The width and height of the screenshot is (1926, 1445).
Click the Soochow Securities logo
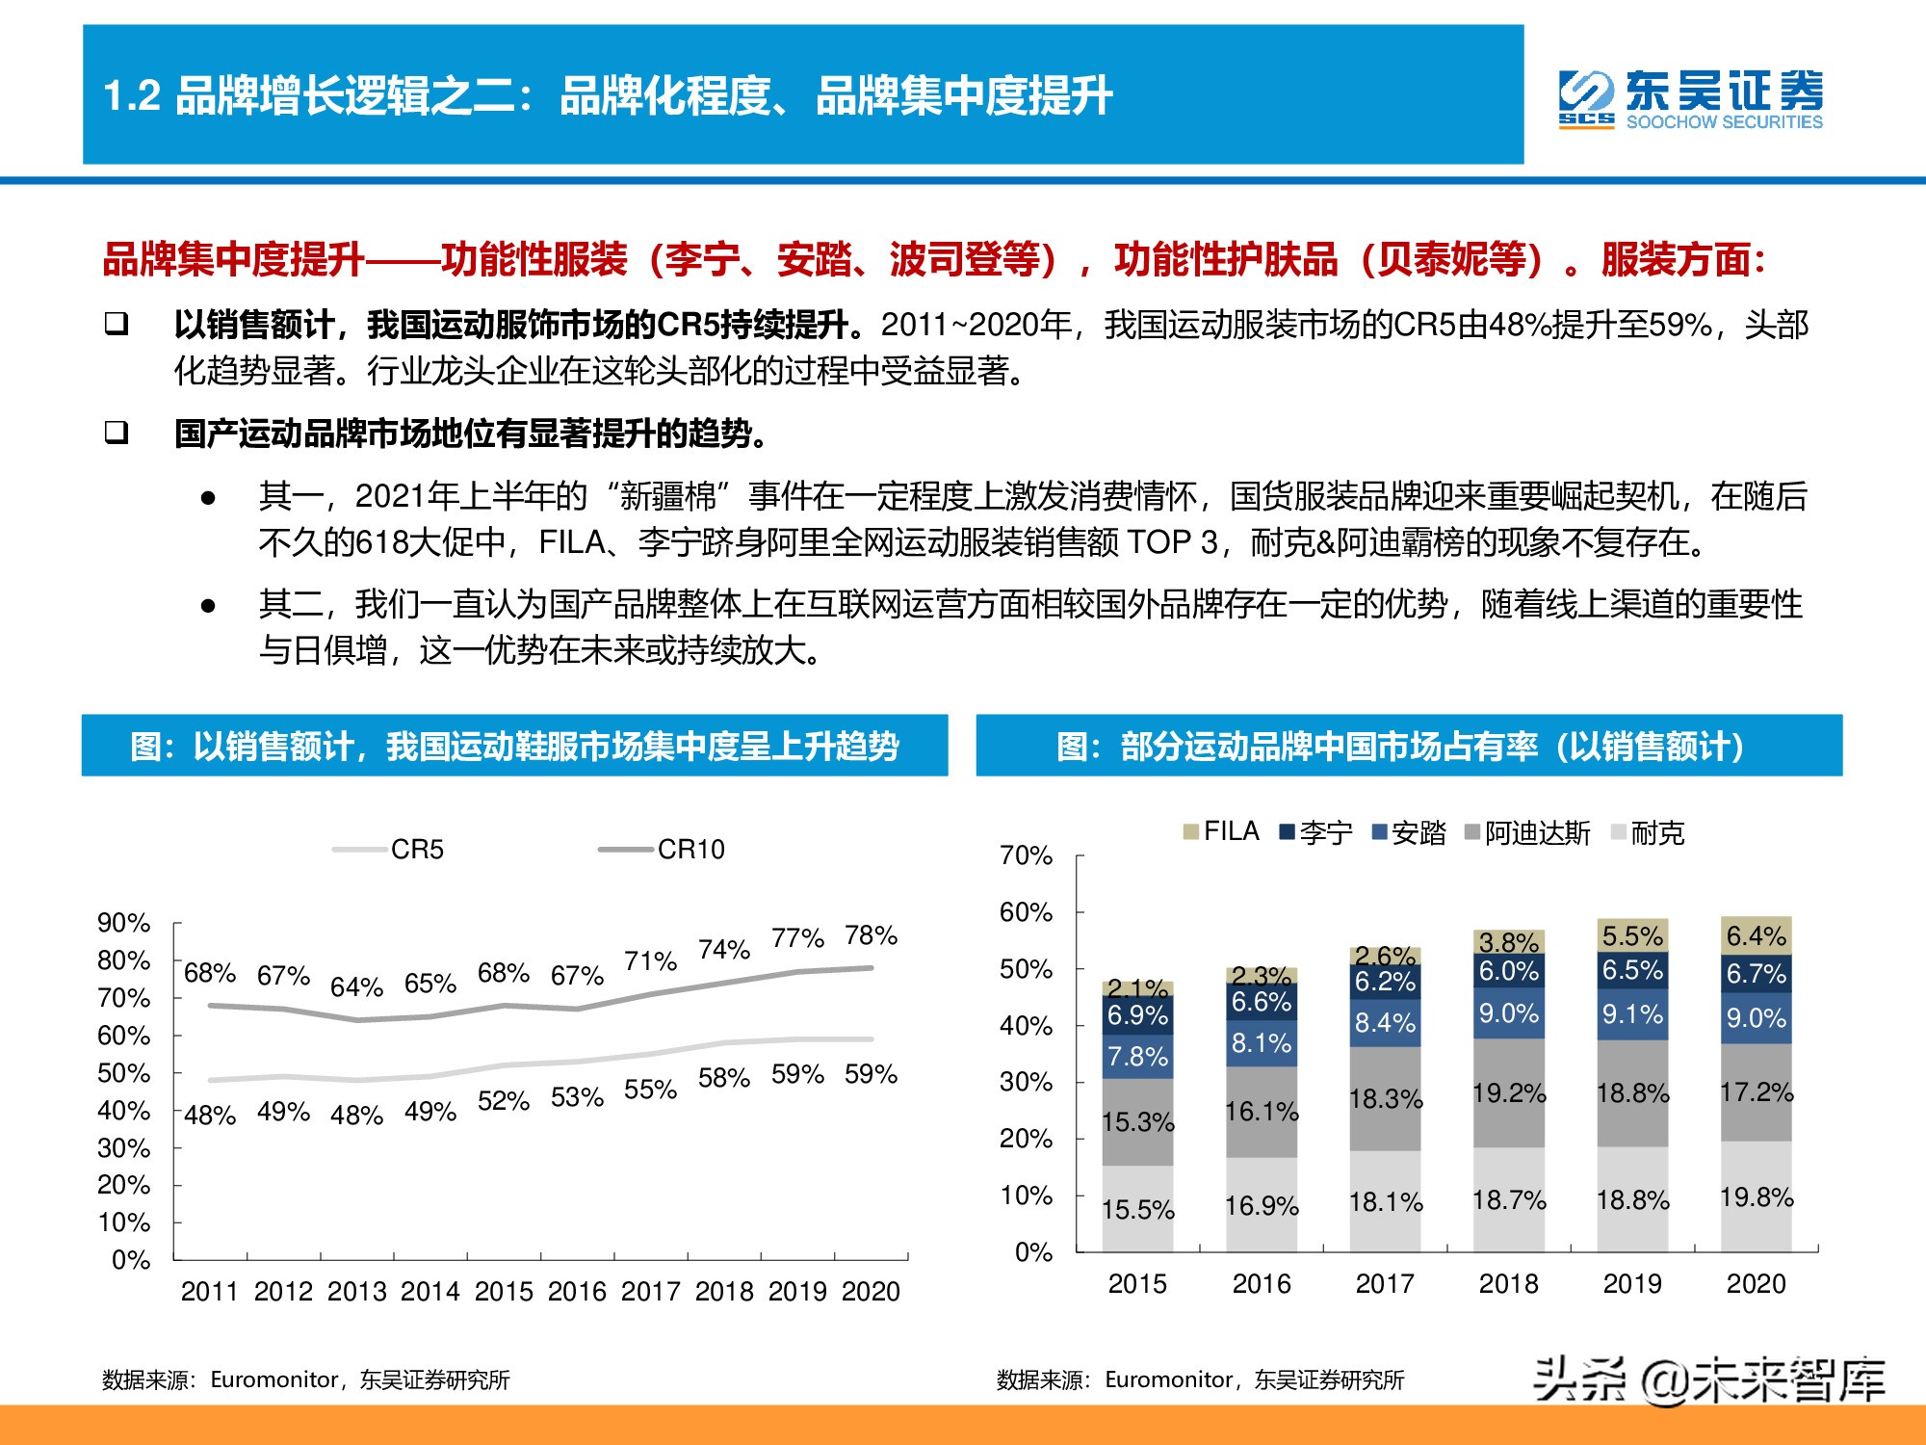click(x=1690, y=98)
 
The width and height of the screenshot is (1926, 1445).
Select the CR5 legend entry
click(x=390, y=850)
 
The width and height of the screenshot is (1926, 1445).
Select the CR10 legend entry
click(x=663, y=850)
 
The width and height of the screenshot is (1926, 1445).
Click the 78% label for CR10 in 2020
click(x=871, y=935)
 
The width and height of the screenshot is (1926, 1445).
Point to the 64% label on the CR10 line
click(x=356, y=987)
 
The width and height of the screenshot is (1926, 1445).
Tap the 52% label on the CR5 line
click(x=503, y=1101)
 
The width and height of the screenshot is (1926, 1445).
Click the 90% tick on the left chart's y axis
click(x=124, y=923)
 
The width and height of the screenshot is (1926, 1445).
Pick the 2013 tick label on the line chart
click(x=356, y=1292)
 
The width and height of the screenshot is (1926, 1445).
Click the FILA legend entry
click(x=1221, y=831)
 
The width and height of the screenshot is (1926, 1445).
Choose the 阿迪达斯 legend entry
click(x=1527, y=832)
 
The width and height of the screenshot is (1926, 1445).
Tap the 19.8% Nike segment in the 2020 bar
click(x=1756, y=1197)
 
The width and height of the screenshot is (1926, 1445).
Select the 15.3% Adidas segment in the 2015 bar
click(x=1137, y=1122)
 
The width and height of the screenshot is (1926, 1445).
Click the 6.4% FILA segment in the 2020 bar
click(x=1756, y=935)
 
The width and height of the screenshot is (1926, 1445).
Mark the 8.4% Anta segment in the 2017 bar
click(x=1385, y=1022)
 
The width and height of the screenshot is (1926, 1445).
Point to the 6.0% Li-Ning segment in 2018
click(x=1508, y=971)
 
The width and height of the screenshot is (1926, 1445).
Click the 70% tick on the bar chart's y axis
click(x=1026, y=855)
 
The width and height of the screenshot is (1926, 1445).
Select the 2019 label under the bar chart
click(x=1632, y=1284)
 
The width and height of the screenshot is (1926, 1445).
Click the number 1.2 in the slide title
click(x=132, y=96)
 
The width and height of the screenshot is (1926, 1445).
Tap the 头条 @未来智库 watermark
click(x=1708, y=1380)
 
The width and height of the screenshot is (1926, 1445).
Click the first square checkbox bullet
click(x=117, y=324)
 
